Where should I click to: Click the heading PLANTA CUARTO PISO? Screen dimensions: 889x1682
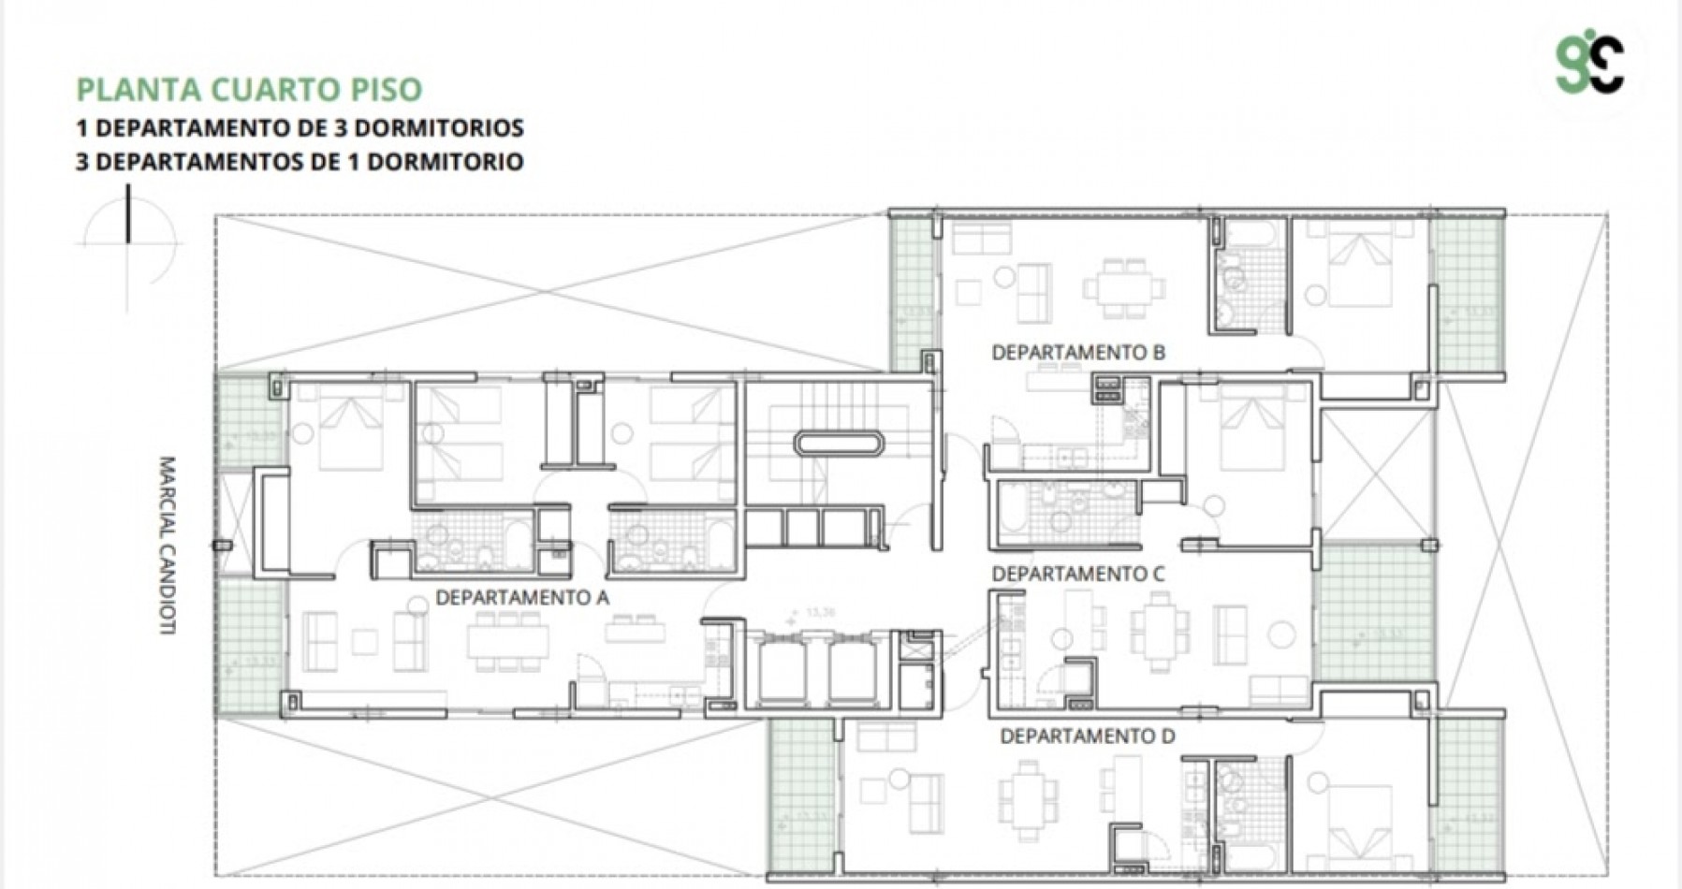coord(249,90)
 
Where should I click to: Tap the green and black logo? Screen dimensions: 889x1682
coord(1589,65)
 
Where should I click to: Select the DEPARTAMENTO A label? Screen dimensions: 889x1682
coord(522,598)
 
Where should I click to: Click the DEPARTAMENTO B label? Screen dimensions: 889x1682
coord(1078,353)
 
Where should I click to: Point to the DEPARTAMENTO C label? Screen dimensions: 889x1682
coord(1078,574)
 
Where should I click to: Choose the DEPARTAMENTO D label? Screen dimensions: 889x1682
coord(1087,736)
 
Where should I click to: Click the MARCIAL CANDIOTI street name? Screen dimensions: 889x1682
coord(168,546)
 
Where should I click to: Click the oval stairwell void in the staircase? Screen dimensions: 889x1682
coord(838,442)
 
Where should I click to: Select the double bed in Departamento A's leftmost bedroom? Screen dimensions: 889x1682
coord(351,432)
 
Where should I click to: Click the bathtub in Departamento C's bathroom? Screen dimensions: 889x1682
coord(1014,513)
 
